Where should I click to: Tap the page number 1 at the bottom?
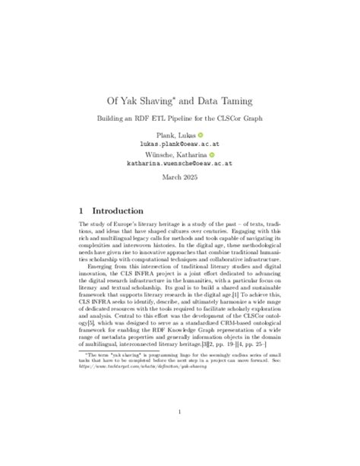point(179,413)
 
